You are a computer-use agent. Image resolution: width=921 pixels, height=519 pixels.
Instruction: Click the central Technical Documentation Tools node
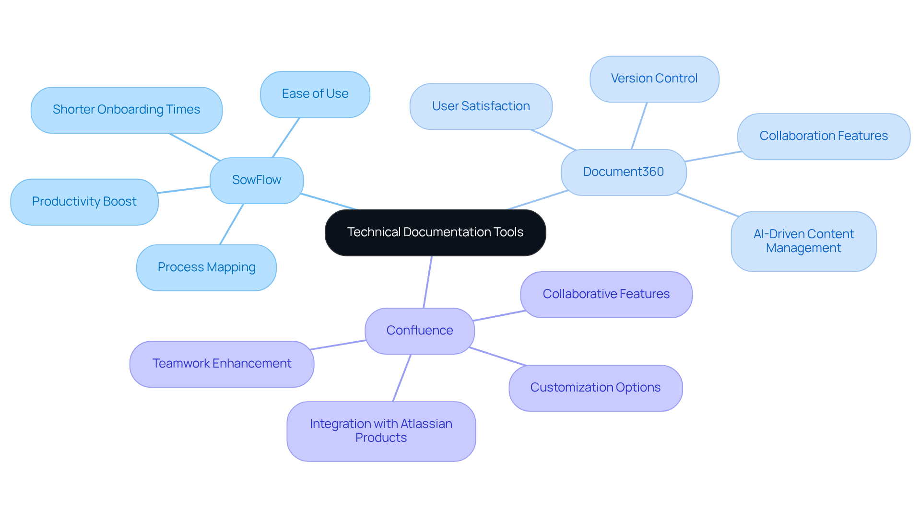(435, 232)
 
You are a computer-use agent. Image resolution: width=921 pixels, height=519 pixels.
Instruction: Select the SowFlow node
(257, 180)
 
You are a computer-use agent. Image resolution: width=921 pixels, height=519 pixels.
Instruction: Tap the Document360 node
(623, 172)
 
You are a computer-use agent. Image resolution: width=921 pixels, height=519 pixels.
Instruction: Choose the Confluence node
(419, 331)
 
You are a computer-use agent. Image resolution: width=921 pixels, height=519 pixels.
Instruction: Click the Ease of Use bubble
(315, 94)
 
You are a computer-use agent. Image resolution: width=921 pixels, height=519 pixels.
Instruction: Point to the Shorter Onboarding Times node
(126, 110)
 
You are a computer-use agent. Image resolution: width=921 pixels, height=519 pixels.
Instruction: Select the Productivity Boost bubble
(84, 202)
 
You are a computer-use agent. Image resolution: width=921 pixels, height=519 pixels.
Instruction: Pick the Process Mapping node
(206, 267)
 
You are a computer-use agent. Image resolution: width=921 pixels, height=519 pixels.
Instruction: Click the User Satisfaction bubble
(481, 106)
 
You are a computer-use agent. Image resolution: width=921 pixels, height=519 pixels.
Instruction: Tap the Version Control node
(654, 79)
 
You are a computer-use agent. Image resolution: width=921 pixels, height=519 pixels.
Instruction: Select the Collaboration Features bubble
(823, 136)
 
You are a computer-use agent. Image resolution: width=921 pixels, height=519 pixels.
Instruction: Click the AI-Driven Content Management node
(803, 241)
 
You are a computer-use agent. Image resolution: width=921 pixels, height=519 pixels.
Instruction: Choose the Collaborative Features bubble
(606, 294)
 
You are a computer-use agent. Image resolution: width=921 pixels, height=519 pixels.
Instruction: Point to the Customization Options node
(595, 388)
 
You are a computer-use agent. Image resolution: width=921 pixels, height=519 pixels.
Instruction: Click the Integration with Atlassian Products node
(381, 431)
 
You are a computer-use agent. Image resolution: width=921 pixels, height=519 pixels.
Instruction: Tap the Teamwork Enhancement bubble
(222, 364)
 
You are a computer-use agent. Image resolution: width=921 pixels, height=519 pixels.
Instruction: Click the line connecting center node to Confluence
(427, 282)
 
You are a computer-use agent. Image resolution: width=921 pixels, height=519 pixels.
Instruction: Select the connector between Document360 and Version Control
(639, 126)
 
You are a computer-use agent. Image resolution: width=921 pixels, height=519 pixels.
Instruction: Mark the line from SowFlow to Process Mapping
(232, 224)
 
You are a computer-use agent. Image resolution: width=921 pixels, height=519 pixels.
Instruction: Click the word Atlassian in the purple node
(426, 424)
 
